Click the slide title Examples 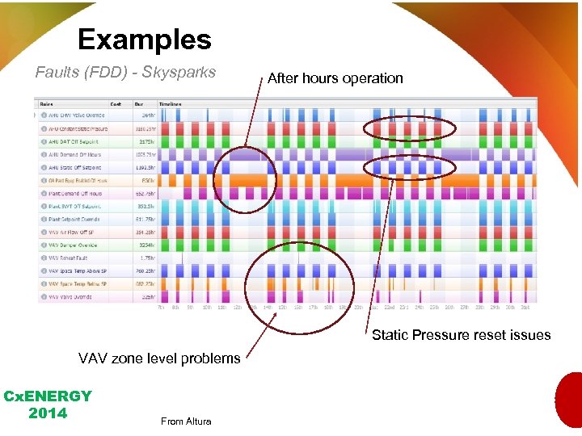pos(144,39)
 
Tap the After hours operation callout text pos(335,78)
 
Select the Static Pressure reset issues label pos(461,335)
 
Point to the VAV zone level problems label pos(159,358)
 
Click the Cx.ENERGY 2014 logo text pos(47,405)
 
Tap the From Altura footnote pos(186,421)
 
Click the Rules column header pos(47,103)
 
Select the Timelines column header pos(171,103)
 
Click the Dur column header pos(138,103)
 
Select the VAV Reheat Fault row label pos(69,258)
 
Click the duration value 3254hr pos(147,245)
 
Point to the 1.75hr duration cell pos(147,258)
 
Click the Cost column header pos(116,103)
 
